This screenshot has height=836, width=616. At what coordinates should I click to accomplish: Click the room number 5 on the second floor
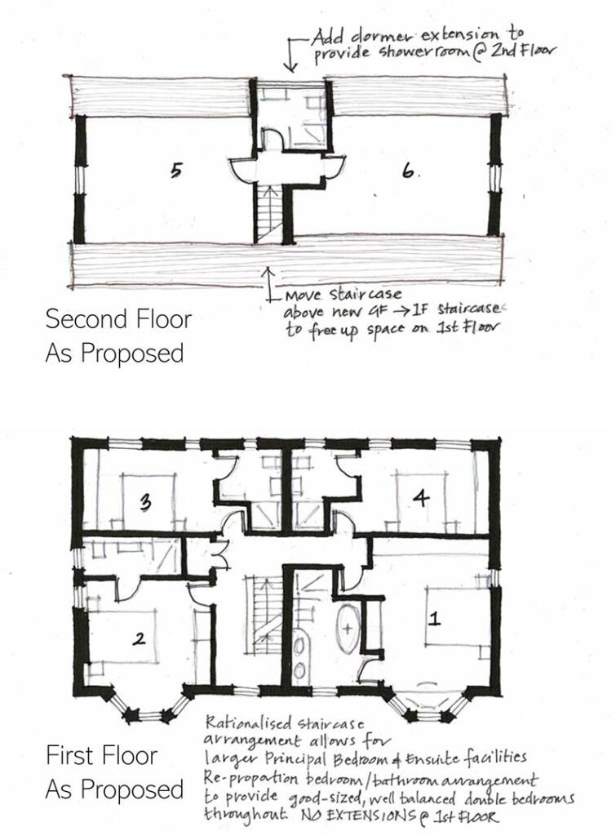(x=176, y=170)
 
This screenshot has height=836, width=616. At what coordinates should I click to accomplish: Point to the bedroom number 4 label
(x=420, y=500)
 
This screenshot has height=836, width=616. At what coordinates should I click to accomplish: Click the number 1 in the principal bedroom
(x=435, y=619)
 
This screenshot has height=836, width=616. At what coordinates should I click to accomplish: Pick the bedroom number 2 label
(x=139, y=639)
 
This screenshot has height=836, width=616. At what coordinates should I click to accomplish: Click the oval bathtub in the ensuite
(x=348, y=629)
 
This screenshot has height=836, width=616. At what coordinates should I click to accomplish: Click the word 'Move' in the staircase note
(x=301, y=293)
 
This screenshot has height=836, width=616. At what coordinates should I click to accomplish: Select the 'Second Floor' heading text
(x=118, y=318)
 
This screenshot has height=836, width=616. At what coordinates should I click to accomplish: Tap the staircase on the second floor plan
(x=267, y=212)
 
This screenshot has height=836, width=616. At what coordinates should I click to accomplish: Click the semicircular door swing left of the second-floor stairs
(x=242, y=170)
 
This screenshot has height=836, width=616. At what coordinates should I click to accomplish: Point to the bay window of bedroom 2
(x=147, y=710)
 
